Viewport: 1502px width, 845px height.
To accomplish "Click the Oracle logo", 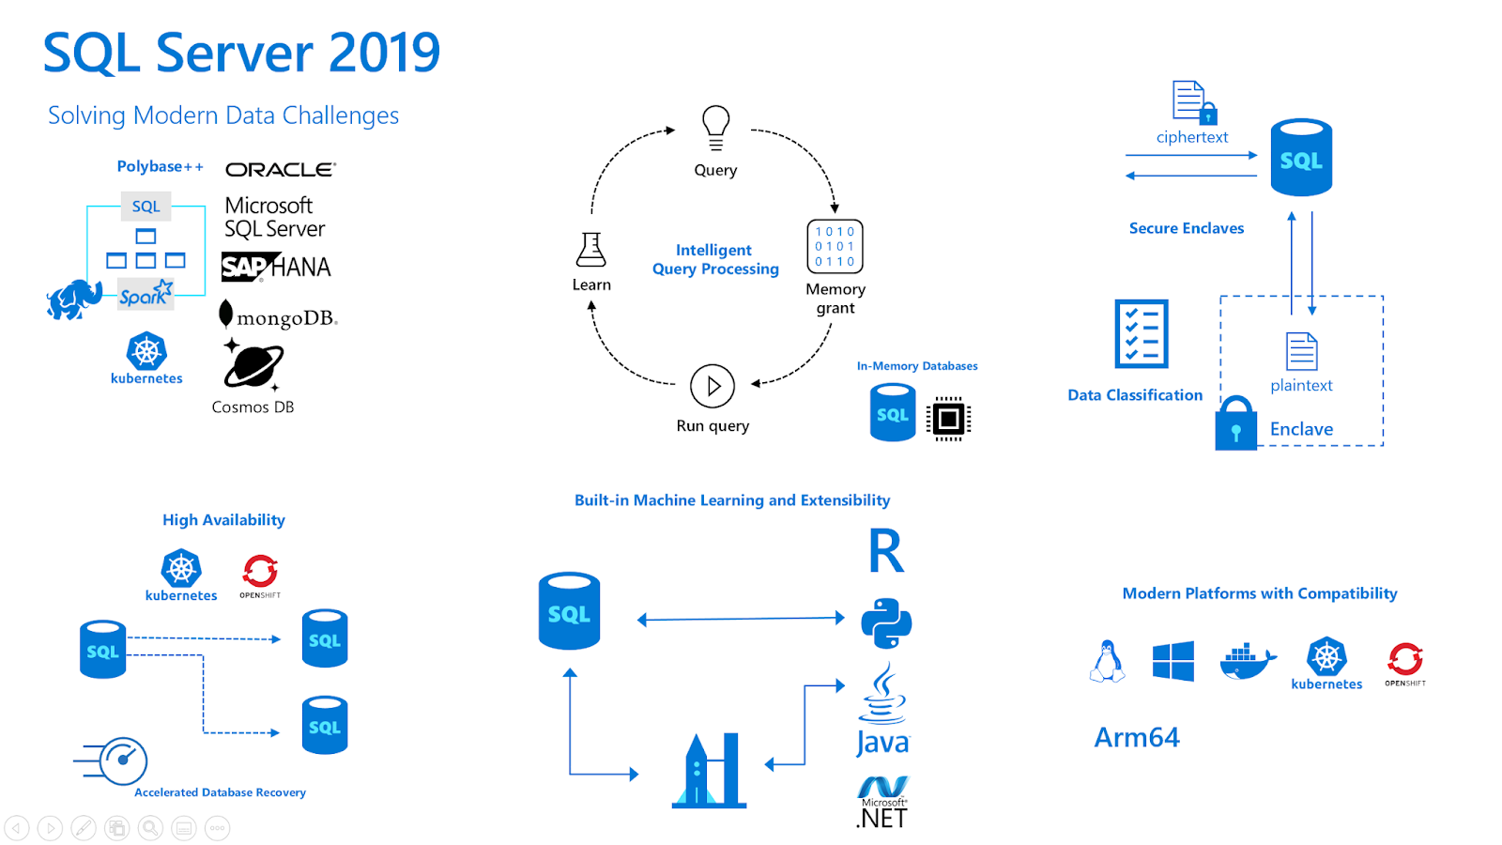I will (x=280, y=170).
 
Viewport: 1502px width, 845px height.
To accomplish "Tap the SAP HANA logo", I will (x=276, y=268).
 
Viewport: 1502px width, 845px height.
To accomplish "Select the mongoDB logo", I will (x=278, y=315).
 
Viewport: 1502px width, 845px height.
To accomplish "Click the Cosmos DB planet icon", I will (x=253, y=366).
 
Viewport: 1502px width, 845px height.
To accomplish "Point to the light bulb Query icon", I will (x=715, y=128).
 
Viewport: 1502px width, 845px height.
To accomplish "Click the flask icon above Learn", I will (x=591, y=250).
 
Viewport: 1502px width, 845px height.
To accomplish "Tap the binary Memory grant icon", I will (x=835, y=246).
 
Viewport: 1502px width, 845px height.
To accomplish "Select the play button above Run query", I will (x=713, y=386).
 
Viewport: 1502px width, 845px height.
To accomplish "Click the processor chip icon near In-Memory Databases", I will (x=948, y=418).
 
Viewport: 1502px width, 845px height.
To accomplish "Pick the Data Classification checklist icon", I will (x=1141, y=333).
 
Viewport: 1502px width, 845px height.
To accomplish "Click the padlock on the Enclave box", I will (x=1235, y=424).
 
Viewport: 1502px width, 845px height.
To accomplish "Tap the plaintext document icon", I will (x=1301, y=352).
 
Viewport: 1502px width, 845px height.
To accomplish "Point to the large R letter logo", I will (x=885, y=551).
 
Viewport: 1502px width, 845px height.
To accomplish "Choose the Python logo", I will (x=886, y=622).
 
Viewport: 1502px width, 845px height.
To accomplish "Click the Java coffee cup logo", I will (x=882, y=695).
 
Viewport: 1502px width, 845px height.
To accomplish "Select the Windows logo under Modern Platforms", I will (x=1172, y=661).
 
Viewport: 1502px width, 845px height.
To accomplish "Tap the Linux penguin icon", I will (x=1108, y=661).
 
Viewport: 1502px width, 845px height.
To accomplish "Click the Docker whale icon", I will (x=1248, y=661).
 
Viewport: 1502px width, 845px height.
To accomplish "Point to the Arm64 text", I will (x=1136, y=738).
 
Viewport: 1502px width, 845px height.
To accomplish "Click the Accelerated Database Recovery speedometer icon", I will (x=122, y=760).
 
